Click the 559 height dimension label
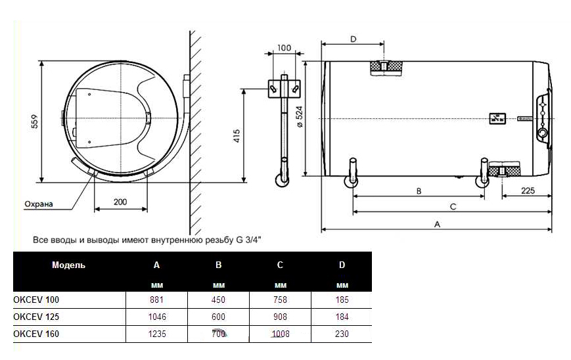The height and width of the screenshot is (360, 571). pyautogui.click(x=35, y=122)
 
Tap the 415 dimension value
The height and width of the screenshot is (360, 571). pyautogui.click(x=237, y=136)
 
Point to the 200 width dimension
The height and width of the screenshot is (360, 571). pyautogui.click(x=120, y=202)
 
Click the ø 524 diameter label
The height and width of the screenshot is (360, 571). pyautogui.click(x=300, y=116)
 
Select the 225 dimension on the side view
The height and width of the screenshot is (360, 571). pyautogui.click(x=528, y=191)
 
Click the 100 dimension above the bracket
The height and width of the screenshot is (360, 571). pyautogui.click(x=284, y=48)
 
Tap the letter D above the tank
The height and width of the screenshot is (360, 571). pyautogui.click(x=354, y=39)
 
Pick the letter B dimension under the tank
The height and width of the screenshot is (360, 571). pyautogui.click(x=419, y=191)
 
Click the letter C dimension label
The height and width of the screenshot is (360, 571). pyautogui.click(x=453, y=207)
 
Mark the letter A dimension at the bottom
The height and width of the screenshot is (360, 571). pyautogui.click(x=438, y=224)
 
